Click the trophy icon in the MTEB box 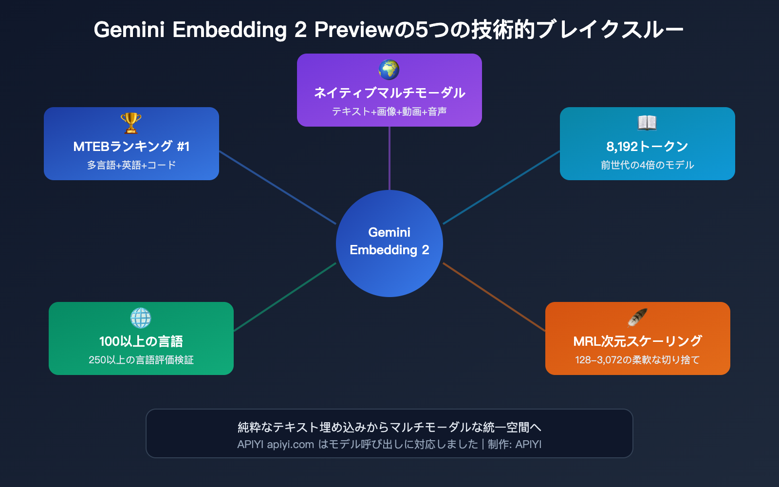coord(131,123)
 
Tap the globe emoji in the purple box coord(389,70)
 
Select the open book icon coord(647,123)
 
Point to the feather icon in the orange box coord(637,318)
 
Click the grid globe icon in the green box coord(141,318)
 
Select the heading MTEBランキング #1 coord(131,146)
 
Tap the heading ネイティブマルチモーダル coord(389,93)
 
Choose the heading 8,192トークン coord(647,146)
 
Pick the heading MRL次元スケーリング coord(637,341)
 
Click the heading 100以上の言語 coord(141,341)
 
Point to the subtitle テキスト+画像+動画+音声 coord(389,112)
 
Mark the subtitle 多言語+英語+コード coord(131,165)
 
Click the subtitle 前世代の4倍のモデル coord(647,165)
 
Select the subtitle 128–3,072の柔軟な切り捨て coord(637,360)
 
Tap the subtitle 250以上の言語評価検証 coord(141,360)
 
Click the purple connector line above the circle coord(389,158)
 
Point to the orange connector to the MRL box coord(494,297)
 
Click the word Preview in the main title coord(353,30)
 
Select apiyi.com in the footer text coord(290,444)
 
